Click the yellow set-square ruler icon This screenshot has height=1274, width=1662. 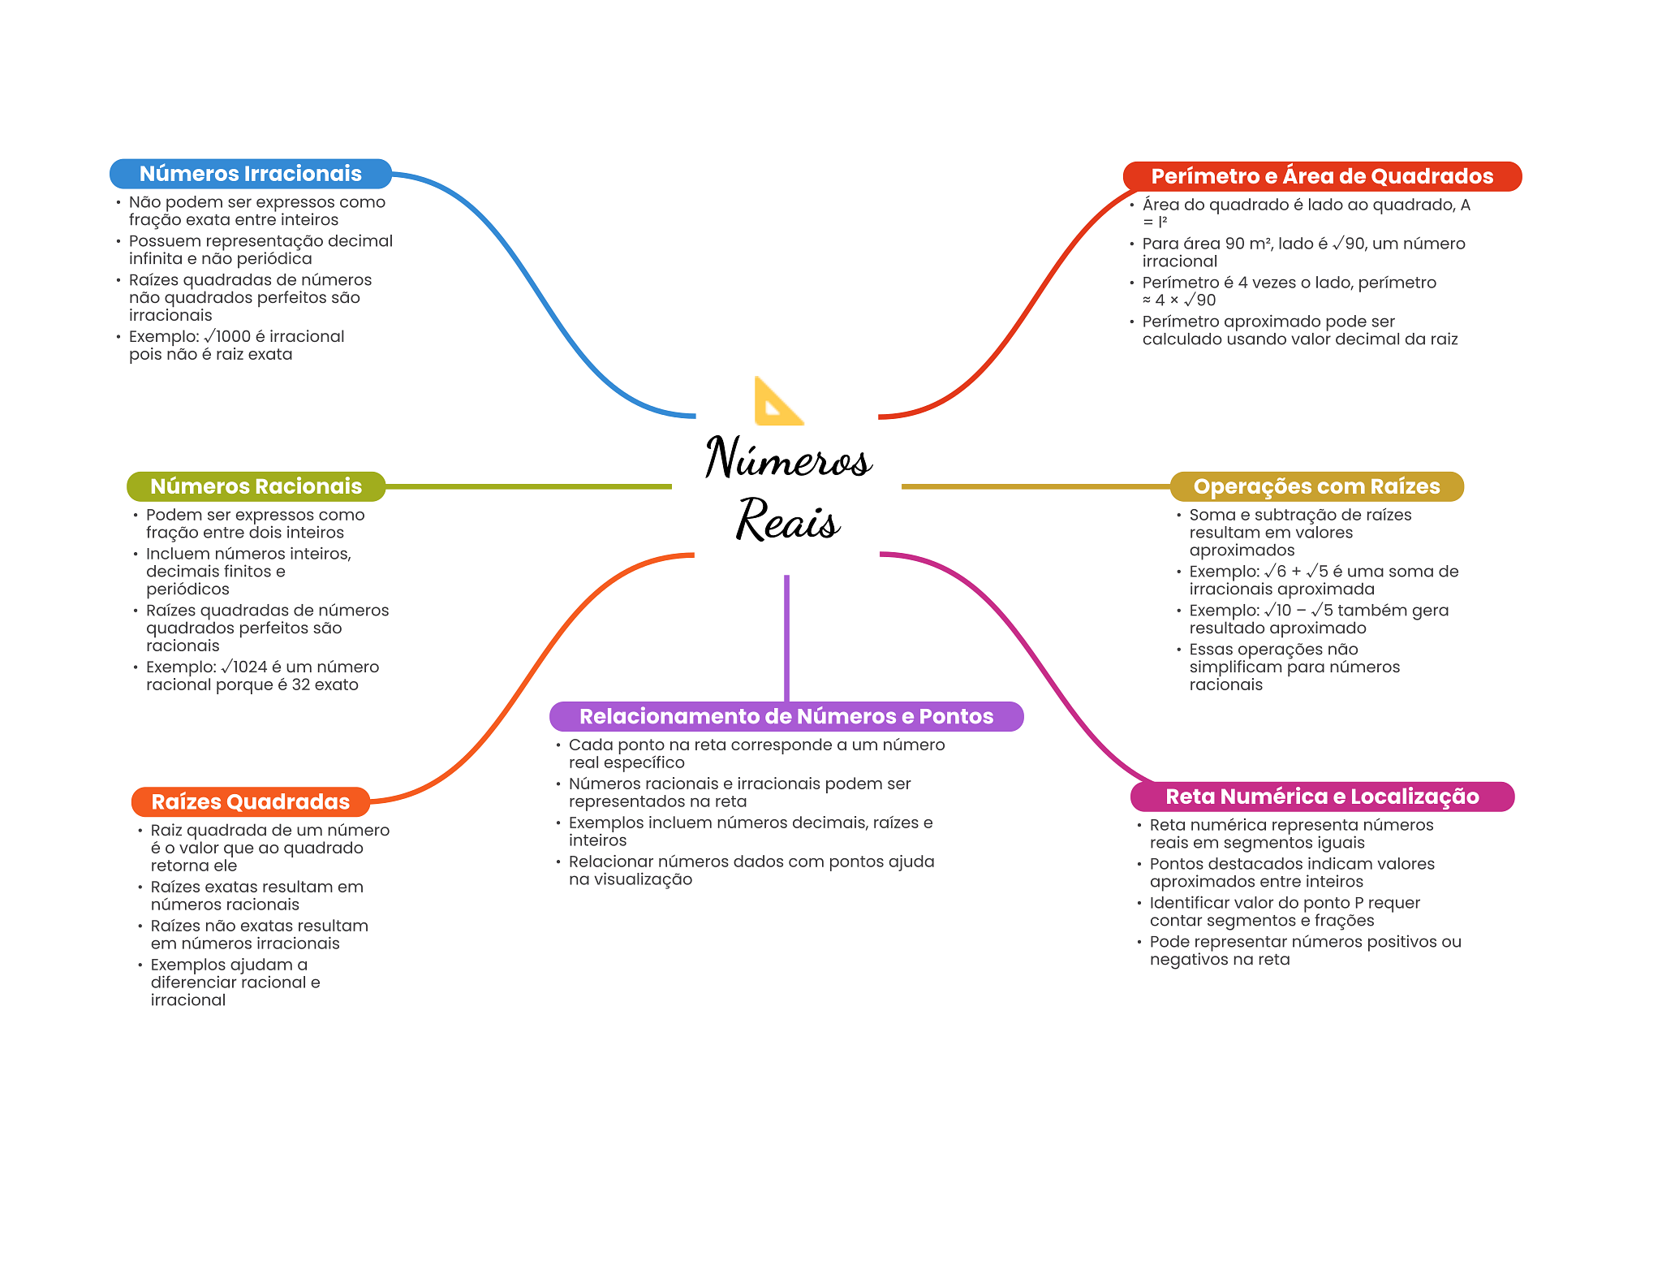(x=777, y=402)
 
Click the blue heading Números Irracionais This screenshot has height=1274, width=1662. (x=250, y=174)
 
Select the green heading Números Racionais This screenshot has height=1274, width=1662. (x=256, y=486)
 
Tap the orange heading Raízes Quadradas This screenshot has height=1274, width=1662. (x=250, y=801)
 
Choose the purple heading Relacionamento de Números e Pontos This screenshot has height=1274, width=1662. (x=786, y=716)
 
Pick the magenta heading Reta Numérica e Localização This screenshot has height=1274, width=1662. (x=1321, y=797)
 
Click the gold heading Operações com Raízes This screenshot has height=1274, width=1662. (x=1315, y=486)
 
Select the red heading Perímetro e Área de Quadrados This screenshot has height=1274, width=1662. (x=1321, y=176)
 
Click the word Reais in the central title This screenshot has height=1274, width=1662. (x=787, y=520)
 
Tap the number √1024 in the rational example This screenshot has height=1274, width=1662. (x=243, y=667)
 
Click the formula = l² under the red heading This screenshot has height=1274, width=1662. (x=1155, y=222)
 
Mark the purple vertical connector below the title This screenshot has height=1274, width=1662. (x=786, y=637)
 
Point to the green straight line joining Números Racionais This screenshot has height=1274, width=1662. (x=527, y=486)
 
